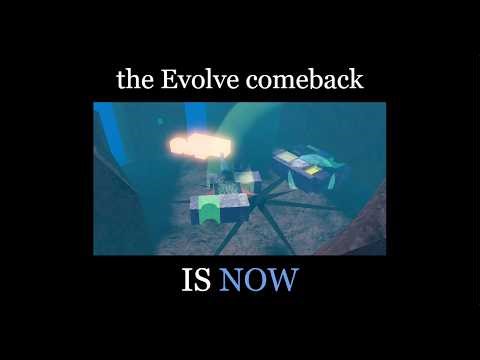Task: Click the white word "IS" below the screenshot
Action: pos(195,281)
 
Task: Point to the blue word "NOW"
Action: pos(258,281)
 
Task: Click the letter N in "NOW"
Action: pos(232,281)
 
